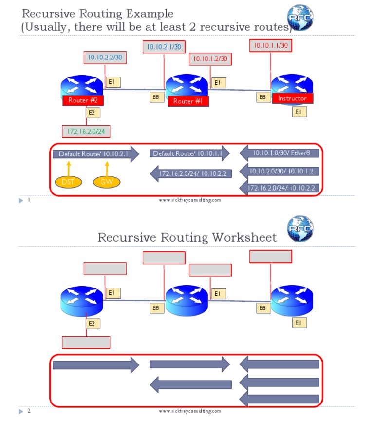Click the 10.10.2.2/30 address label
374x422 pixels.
[x=105, y=58]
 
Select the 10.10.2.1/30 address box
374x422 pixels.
[x=164, y=47]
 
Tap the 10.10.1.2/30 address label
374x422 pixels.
[x=210, y=59]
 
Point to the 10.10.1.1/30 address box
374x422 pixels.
[x=271, y=46]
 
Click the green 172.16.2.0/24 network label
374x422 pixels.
[x=86, y=131]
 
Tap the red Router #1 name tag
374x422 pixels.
[x=188, y=101]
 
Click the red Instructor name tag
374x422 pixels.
[x=292, y=98]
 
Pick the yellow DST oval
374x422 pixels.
[x=68, y=182]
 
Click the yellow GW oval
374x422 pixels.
[x=106, y=182]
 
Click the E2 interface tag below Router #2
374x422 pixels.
[x=91, y=113]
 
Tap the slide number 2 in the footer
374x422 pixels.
[x=29, y=411]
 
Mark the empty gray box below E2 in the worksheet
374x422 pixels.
[x=86, y=342]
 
